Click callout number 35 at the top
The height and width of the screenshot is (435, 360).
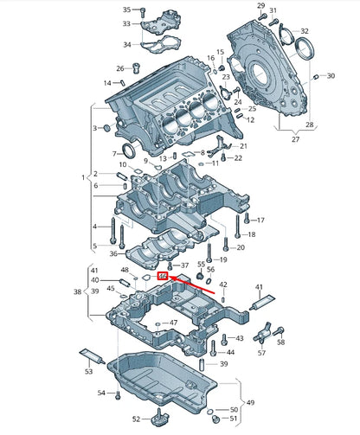(126, 10)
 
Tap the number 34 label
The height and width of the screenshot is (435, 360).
(126, 45)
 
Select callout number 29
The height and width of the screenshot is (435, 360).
(261, 6)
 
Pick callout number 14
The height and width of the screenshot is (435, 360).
(108, 83)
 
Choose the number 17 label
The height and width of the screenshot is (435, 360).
(261, 220)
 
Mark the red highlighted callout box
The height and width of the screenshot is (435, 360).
(163, 276)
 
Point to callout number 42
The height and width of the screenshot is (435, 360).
(222, 285)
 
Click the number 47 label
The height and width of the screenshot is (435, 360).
(174, 323)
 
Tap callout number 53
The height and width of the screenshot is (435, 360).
(88, 372)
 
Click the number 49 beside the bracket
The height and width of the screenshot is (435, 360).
(251, 403)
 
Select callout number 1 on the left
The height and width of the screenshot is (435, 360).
(84, 177)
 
